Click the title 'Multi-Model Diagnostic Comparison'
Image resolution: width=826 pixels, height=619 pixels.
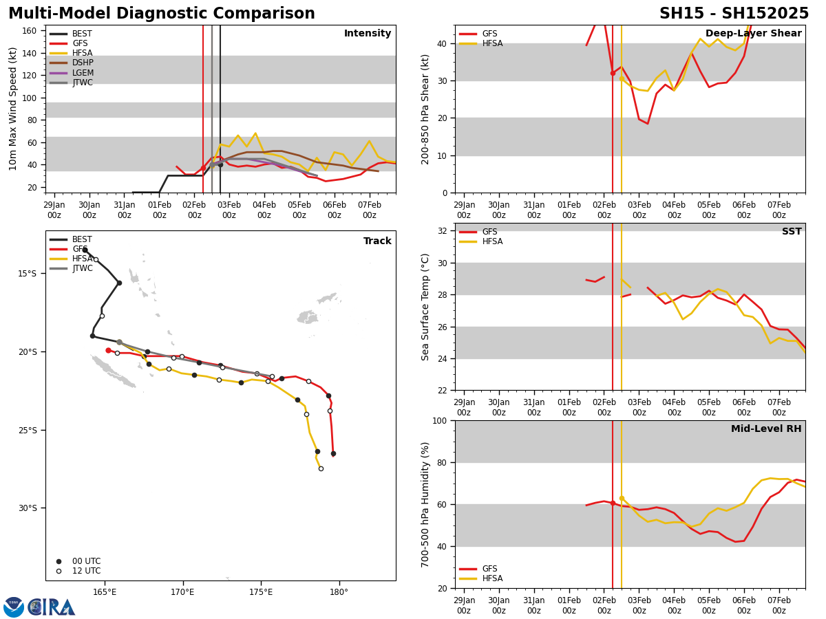(162, 14)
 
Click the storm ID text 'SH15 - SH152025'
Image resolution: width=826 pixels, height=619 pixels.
(734, 14)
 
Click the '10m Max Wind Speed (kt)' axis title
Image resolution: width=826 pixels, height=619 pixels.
(13, 109)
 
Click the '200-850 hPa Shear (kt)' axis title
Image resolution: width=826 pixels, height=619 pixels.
(425, 109)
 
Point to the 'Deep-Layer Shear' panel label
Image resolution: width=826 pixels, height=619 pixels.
(753, 34)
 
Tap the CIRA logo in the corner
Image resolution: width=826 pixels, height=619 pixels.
(52, 607)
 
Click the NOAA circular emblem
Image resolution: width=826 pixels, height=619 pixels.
(14, 607)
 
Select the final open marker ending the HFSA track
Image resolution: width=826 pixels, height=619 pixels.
(321, 468)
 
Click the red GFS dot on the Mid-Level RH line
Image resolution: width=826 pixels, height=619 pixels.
(613, 503)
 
